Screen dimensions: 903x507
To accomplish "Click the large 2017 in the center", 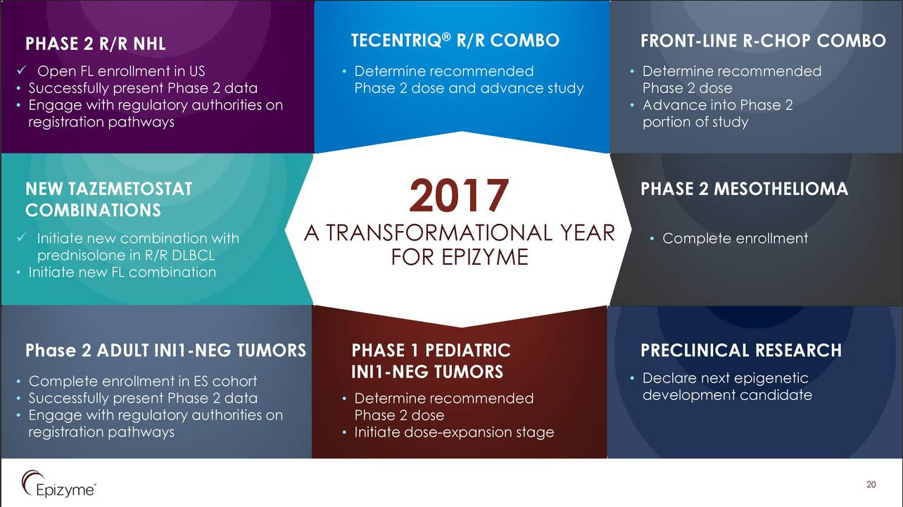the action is (459, 195).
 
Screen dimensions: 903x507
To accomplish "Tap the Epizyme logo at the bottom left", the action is (59, 484).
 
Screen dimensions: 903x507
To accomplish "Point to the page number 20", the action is (871, 484).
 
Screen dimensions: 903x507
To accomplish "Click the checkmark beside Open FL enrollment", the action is (22, 70).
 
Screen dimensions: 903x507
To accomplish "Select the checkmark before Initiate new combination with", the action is (22, 237).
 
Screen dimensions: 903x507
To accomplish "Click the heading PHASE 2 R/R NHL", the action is (96, 44).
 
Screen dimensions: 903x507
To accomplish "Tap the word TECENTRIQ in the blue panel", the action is (397, 40).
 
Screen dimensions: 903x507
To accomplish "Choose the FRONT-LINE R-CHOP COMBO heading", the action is (763, 41).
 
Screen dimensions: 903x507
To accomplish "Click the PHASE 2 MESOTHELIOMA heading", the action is (744, 189).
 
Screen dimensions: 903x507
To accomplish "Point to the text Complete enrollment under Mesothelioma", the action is (735, 239).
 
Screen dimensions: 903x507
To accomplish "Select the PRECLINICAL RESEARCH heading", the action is (741, 350).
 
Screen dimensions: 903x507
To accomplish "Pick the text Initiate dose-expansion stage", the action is (455, 432).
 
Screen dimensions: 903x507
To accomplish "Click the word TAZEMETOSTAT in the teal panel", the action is (130, 189).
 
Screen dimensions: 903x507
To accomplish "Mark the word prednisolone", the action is (84, 256).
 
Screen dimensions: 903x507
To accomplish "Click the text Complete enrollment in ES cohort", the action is (143, 381).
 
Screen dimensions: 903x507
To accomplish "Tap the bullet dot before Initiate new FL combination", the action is (18, 273).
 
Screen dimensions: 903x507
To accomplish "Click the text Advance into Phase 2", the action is (718, 105).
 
